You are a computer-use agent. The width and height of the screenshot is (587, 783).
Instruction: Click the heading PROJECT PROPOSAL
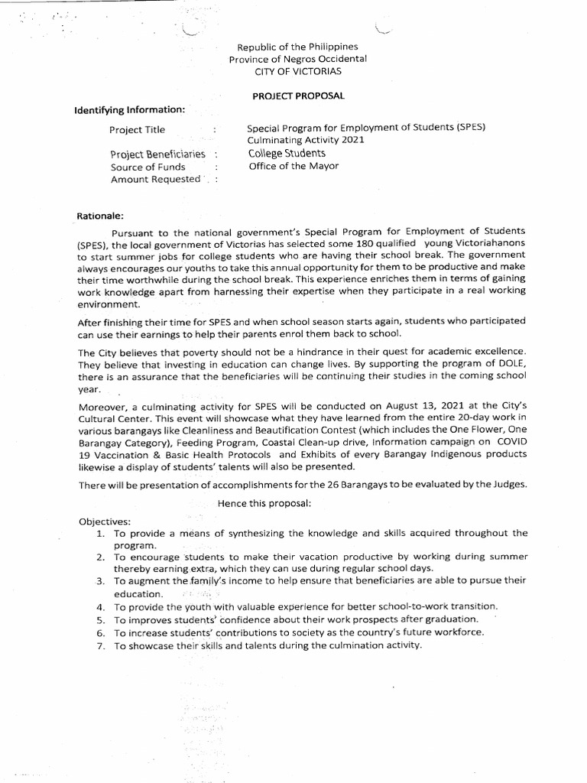coord(298,96)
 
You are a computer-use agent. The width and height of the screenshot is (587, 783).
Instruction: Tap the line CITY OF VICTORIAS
coord(299,71)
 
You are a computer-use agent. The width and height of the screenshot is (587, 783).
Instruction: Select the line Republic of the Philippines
coord(298,47)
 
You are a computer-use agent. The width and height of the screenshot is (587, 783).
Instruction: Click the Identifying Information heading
coord(129,109)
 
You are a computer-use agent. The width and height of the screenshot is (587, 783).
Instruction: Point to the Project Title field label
coord(137,130)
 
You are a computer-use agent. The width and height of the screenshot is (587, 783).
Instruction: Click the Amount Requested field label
coord(155,179)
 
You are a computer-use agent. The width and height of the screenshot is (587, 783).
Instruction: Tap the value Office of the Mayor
coord(293,166)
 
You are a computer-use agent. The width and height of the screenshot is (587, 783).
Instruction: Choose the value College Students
coord(287,154)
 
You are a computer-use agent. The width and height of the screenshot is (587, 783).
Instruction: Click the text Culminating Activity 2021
coord(306,141)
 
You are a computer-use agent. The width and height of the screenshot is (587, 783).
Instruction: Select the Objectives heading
coord(105,521)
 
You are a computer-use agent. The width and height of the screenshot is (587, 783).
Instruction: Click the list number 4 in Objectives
coord(100,606)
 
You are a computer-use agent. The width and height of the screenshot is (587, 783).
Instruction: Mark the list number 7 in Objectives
coord(100,645)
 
